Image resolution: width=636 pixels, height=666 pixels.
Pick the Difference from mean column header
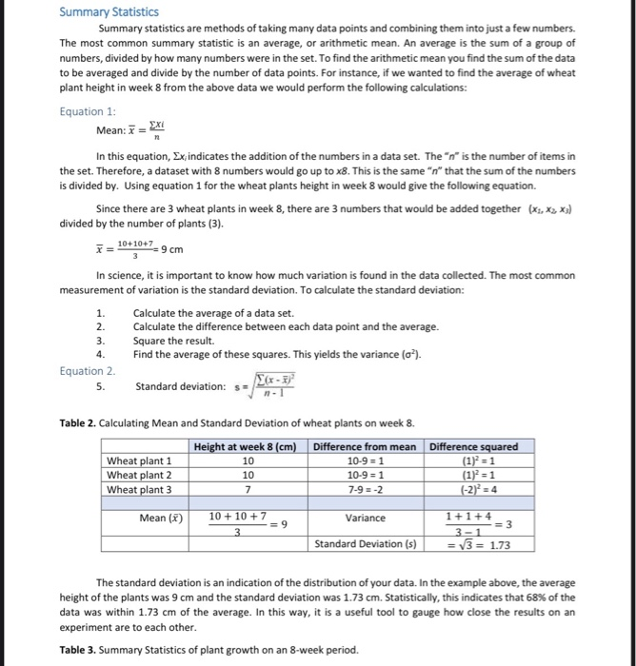click(x=365, y=446)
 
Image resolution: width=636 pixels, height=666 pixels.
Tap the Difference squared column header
click(x=474, y=446)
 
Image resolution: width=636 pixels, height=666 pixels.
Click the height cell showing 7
click(x=248, y=489)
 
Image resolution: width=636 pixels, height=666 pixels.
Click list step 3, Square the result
click(x=173, y=341)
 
